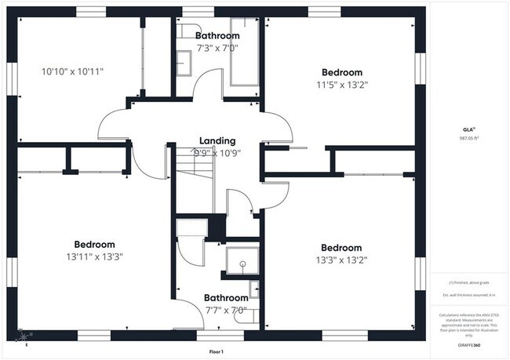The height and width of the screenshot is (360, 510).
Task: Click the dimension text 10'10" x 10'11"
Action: (72, 71)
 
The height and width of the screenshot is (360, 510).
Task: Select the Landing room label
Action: (217, 140)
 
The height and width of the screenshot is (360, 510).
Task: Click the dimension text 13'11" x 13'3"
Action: (94, 256)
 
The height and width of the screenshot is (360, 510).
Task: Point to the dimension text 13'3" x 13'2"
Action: (341, 260)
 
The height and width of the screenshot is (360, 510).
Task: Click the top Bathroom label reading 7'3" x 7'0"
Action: (217, 48)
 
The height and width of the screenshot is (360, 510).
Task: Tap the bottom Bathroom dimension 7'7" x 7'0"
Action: (226, 310)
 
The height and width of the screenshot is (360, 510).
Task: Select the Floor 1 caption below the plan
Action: (217, 351)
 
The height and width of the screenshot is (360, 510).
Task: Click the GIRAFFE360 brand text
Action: (468, 344)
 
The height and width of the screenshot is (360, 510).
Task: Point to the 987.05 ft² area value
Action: (468, 137)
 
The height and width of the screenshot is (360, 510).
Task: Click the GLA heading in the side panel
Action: (468, 129)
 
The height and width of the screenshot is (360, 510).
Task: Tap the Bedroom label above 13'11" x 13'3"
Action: (94, 244)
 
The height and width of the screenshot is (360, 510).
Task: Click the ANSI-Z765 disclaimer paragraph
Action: (468, 324)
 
